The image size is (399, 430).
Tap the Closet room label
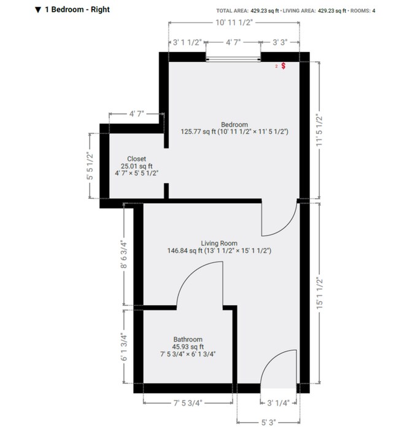click(x=136, y=159)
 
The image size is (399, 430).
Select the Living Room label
click(x=219, y=244)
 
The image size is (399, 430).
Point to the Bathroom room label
click(x=187, y=339)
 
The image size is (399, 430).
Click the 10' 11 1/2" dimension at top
click(x=234, y=21)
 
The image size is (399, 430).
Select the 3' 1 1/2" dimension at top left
click(x=187, y=43)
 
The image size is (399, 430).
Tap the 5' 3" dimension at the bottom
click(x=268, y=423)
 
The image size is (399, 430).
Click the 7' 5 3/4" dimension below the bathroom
click(x=188, y=403)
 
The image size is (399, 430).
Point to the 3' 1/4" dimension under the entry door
click(x=282, y=403)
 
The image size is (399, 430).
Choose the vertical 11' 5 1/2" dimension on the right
click(x=318, y=128)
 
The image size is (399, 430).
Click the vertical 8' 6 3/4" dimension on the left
click(x=123, y=254)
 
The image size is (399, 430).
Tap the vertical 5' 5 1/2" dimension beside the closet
click(x=90, y=166)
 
